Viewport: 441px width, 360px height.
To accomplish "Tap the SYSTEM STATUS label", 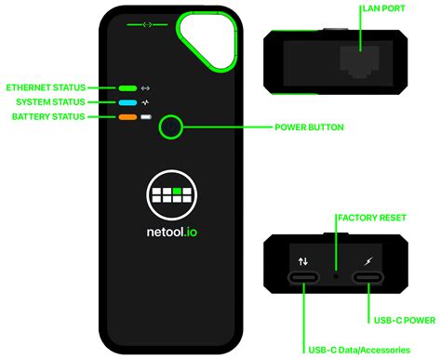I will pos(50,101).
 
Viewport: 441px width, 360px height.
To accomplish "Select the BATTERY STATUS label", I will pos(49,116).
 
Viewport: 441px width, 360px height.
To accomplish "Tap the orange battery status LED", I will pos(127,117).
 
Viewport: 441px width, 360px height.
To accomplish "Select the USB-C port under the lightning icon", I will pos(368,278).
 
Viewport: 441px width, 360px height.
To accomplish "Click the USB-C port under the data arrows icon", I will pos(303,278).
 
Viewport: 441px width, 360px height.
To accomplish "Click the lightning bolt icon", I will pos(369,261).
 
